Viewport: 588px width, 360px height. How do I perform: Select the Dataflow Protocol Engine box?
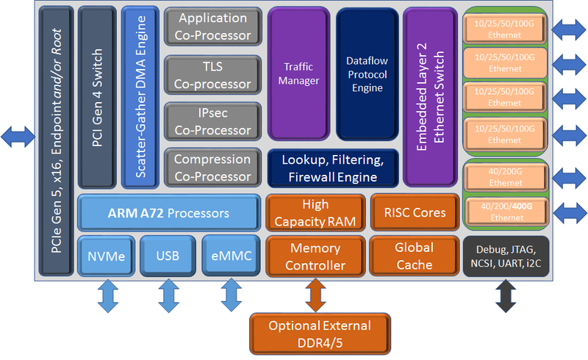(367, 73)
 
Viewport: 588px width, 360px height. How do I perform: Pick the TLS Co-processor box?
(212, 74)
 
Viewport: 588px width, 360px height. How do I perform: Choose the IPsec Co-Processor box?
(212, 121)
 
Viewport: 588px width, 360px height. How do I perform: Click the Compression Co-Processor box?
(212, 168)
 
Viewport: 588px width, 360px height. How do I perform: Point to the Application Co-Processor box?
(212, 27)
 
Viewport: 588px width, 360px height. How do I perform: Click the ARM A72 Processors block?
(168, 213)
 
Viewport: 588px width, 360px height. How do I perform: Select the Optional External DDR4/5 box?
(319, 333)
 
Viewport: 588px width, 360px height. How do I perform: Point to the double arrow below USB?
(168, 298)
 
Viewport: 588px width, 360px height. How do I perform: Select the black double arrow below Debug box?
(506, 298)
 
